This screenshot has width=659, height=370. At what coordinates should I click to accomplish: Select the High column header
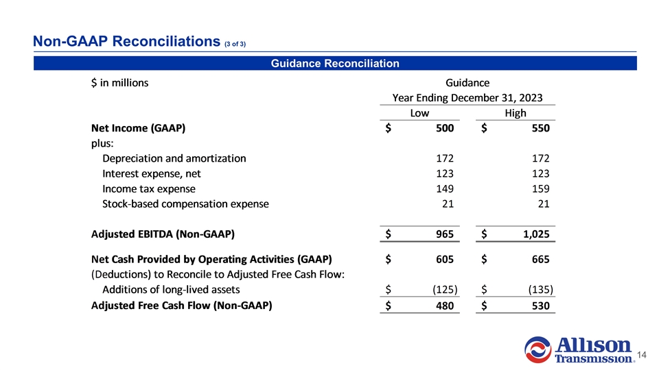pyautogui.click(x=515, y=113)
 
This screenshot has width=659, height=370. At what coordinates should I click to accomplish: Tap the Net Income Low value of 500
pyautogui.click(x=443, y=128)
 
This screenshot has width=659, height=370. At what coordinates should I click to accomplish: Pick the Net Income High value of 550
pyautogui.click(x=540, y=128)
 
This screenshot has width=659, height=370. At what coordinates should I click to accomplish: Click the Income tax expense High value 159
pyautogui.click(x=540, y=188)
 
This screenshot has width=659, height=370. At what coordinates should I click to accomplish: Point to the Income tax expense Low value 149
pyautogui.click(x=443, y=188)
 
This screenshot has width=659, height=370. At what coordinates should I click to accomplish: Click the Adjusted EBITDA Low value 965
pyautogui.click(x=443, y=234)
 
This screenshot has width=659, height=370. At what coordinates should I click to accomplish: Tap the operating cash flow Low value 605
pyautogui.click(x=443, y=260)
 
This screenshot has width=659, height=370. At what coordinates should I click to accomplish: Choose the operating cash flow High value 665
pyautogui.click(x=540, y=260)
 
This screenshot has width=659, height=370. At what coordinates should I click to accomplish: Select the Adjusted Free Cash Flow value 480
pyautogui.click(x=443, y=306)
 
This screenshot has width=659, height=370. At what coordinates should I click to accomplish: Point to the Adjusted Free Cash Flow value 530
pyautogui.click(x=540, y=306)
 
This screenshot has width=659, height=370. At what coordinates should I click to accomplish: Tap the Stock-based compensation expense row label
pyautogui.click(x=185, y=203)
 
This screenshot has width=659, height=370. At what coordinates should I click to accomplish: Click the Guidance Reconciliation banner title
pyautogui.click(x=335, y=64)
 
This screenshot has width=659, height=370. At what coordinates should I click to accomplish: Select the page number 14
pyautogui.click(x=643, y=355)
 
